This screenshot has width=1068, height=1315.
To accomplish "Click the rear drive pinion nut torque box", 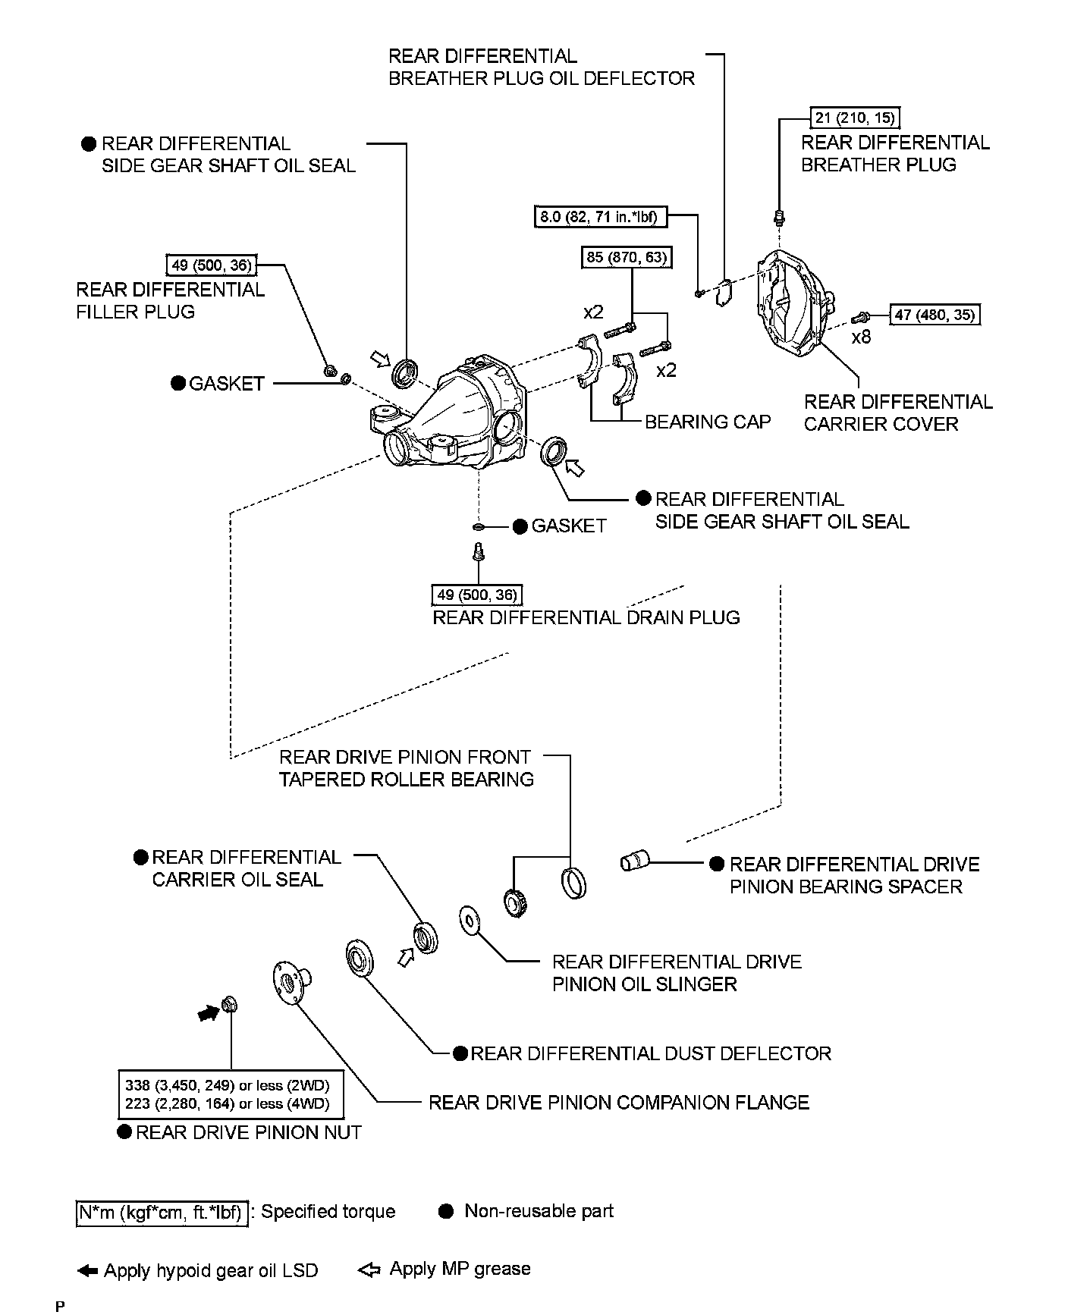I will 231,1094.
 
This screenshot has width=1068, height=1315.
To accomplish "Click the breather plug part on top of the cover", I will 778,218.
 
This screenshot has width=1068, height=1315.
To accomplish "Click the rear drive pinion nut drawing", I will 228,1006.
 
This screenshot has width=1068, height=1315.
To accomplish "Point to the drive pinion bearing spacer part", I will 635,861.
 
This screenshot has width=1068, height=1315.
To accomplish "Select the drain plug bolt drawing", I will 478,551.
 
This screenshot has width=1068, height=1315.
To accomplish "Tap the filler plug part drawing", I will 330,371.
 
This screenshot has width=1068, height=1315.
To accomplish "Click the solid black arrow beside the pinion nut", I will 206,1012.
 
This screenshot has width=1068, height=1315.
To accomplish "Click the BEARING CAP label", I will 707,422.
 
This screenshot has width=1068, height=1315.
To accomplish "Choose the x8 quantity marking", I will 861,337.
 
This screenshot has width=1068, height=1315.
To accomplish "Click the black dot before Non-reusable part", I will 446,1211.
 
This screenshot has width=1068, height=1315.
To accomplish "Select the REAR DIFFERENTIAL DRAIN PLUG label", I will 586,617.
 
